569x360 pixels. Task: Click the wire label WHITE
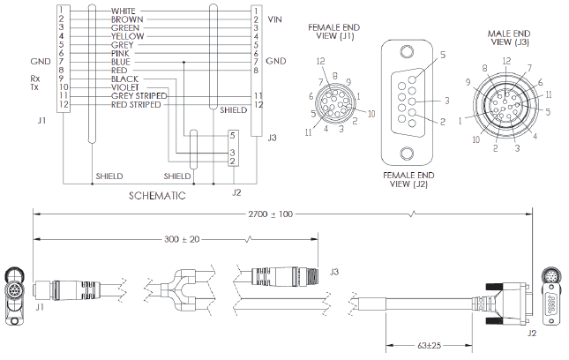(124, 11)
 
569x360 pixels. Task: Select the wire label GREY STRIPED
(138, 95)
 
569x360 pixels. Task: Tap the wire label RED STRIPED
(136, 105)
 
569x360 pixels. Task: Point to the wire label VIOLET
(124, 86)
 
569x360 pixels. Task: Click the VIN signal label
(275, 19)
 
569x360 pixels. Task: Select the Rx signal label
(34, 78)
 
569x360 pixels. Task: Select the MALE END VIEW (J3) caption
(508, 37)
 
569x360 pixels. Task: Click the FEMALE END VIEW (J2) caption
(407, 180)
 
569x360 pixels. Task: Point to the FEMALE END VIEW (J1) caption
(332, 33)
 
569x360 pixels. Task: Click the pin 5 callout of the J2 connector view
(442, 55)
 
